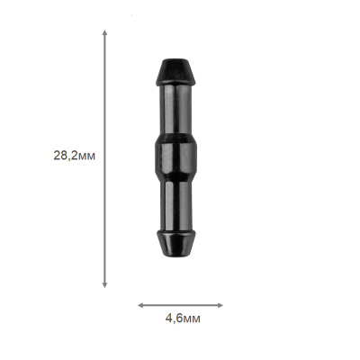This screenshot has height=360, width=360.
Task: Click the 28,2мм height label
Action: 75,156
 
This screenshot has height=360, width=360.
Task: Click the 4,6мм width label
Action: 183,319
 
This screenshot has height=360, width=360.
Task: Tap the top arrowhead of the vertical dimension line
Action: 104,32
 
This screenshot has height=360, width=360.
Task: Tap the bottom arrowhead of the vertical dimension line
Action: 104,285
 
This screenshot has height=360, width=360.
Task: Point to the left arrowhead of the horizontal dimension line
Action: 140,305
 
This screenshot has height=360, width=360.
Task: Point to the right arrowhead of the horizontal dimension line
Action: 220,305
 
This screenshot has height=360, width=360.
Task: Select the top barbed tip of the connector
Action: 175,72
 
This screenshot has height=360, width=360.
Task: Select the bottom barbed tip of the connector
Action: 175,243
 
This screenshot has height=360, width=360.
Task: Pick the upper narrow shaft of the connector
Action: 176,110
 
